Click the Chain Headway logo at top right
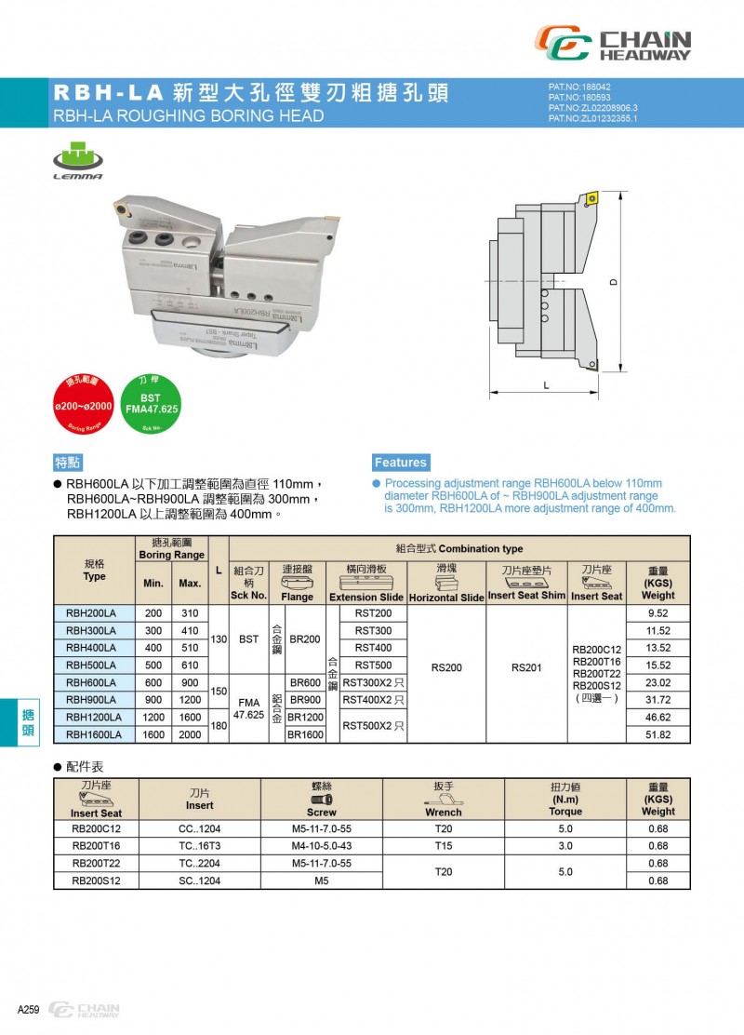click(x=613, y=44)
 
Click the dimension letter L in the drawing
click(x=546, y=383)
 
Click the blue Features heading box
click(x=401, y=463)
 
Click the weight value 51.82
click(x=658, y=734)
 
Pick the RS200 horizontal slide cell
click(x=447, y=667)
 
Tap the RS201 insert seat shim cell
click(x=527, y=667)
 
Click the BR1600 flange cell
click(x=305, y=734)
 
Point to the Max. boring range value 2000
click(x=190, y=734)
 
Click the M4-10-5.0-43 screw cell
click(x=322, y=846)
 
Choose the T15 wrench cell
click(x=444, y=846)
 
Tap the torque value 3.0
click(x=565, y=846)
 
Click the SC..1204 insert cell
click(x=199, y=880)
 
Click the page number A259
click(x=28, y=1010)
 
